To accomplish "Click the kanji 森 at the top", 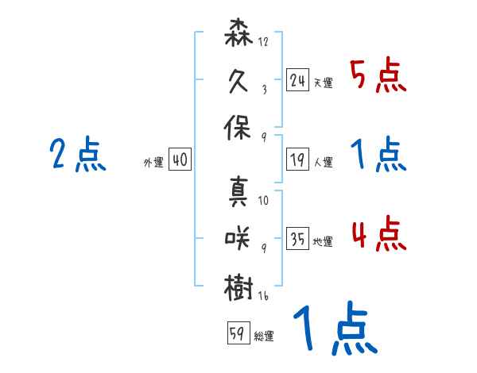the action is pos(239,37).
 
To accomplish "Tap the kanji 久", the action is pos(239,82).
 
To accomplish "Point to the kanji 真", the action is pos(239,191).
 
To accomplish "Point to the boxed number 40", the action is pos(180,160).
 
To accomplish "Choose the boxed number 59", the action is pos(237,333).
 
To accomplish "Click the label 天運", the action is pos(323,83).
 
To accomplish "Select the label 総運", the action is pos(264,336).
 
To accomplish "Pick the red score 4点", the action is pos(378,235).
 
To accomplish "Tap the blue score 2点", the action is pos(77,155).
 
